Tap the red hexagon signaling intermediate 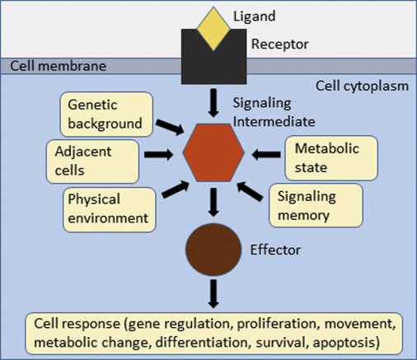(212, 153)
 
